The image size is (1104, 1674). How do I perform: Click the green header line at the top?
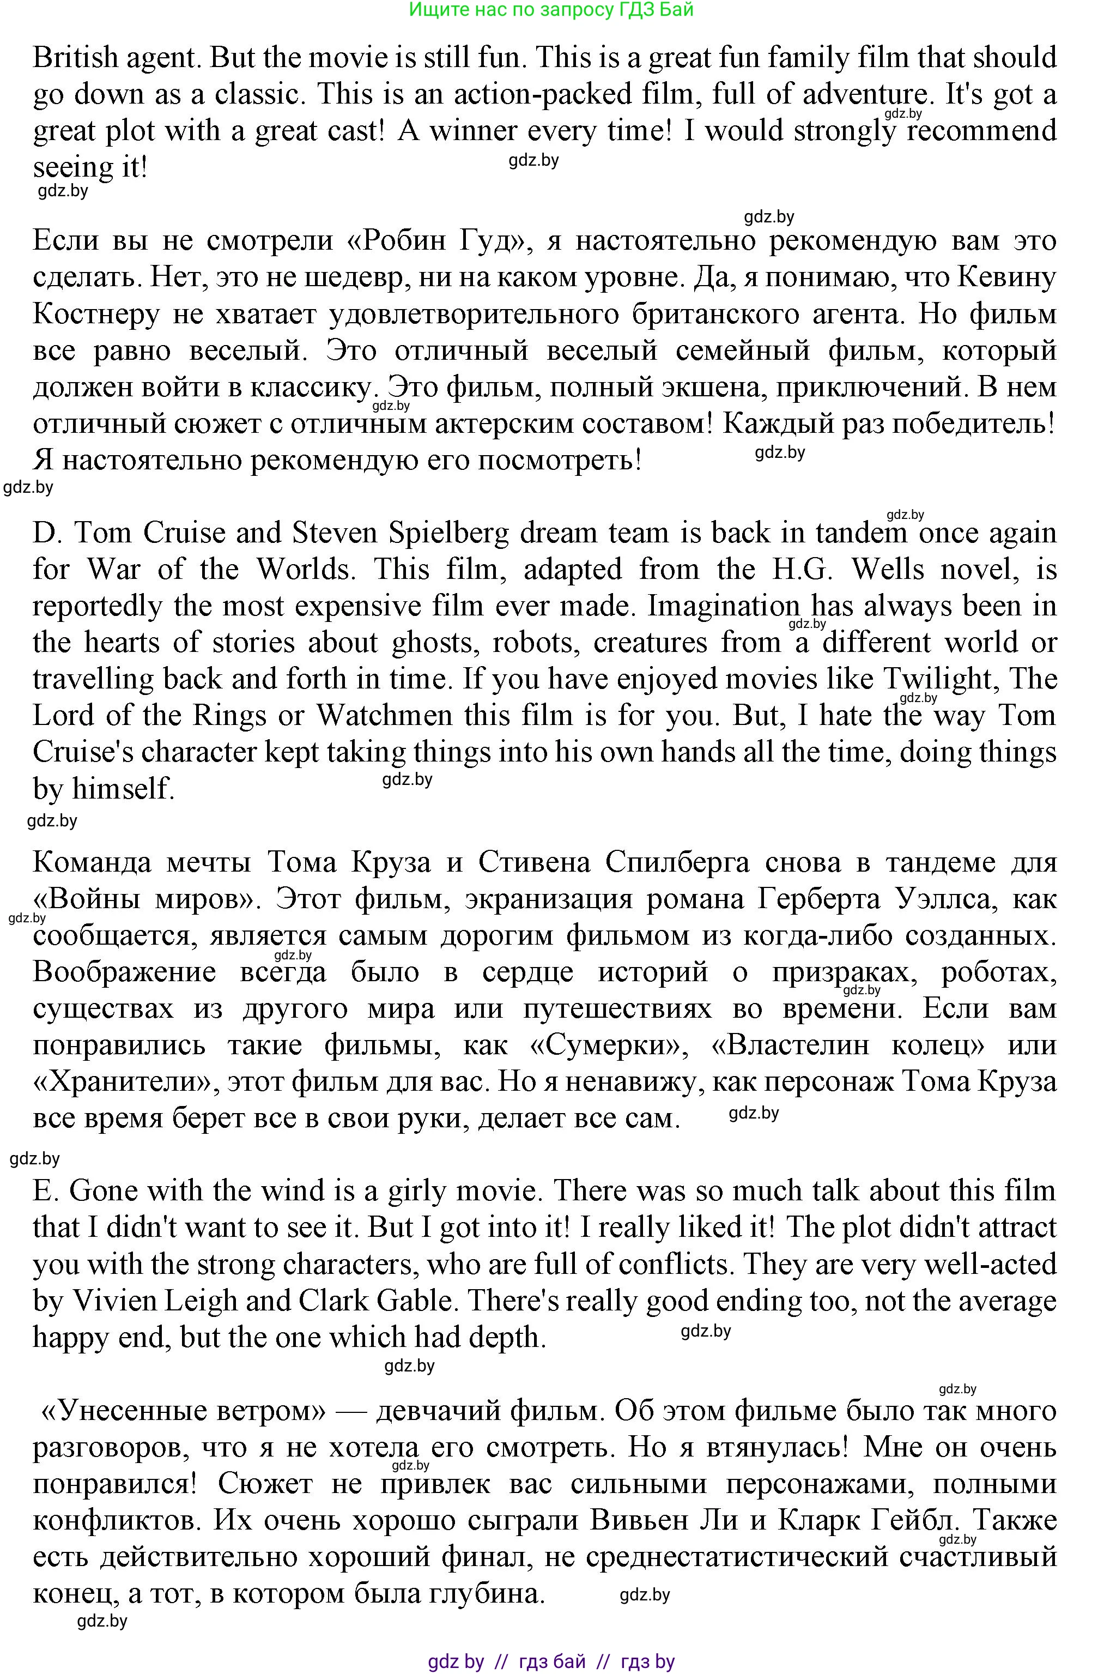click(x=551, y=9)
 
